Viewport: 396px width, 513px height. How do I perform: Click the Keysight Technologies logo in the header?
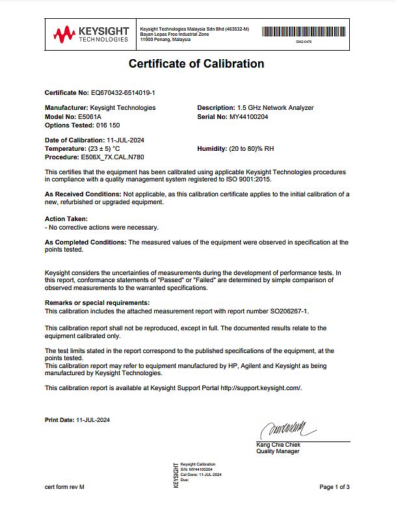coord(91,34)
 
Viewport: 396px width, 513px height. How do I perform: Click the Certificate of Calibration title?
coord(196,64)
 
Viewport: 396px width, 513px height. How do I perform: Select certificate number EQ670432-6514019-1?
coord(122,93)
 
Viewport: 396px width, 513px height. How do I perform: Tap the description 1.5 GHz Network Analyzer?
coord(275,108)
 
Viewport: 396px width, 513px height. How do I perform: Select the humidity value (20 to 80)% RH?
coord(251,149)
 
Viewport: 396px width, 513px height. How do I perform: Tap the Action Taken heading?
coord(66,219)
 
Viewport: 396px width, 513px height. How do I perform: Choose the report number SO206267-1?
coord(285,311)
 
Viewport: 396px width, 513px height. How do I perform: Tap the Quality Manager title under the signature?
coord(278,452)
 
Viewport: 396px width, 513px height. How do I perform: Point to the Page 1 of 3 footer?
coord(334,487)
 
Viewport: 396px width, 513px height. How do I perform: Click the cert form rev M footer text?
coord(64,487)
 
